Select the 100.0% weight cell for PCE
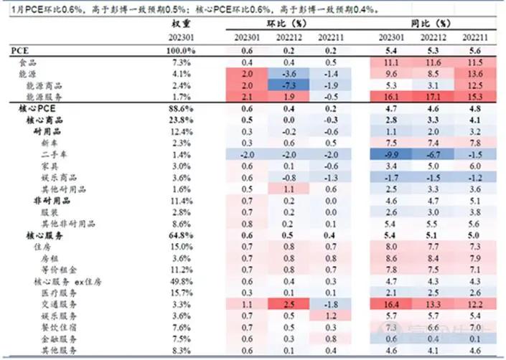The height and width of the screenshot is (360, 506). pos(180,51)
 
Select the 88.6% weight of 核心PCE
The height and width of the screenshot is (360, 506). pos(180,108)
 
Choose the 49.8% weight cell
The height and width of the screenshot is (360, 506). pos(180,281)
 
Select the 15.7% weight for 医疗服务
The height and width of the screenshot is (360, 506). pos(180,293)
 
